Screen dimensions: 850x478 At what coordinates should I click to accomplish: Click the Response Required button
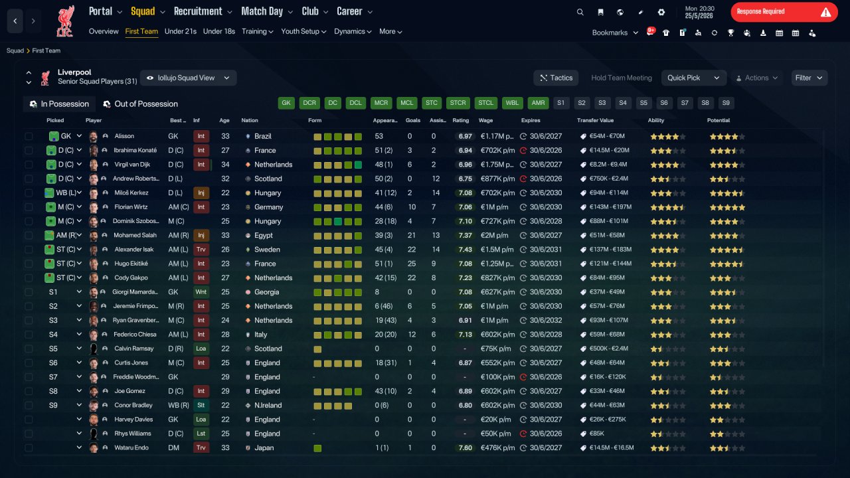point(784,12)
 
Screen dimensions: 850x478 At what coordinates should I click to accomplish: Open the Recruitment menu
point(203,11)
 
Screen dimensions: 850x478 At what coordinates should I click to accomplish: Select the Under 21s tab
point(180,31)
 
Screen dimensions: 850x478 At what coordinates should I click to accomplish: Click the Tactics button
point(556,78)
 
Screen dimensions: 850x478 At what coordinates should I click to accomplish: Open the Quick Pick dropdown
point(693,78)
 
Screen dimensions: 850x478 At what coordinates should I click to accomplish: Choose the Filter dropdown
point(809,78)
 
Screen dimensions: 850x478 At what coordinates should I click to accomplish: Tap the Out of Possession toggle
point(140,104)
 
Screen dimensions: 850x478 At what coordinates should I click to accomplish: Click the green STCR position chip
point(458,103)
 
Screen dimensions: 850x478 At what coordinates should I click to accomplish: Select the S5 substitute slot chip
point(643,103)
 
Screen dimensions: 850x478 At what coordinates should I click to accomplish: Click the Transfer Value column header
point(595,120)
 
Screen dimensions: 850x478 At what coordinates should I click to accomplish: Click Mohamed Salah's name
point(135,235)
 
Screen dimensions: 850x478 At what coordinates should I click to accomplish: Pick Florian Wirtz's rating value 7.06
point(465,207)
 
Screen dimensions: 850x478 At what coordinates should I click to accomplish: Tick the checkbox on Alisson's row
point(29,136)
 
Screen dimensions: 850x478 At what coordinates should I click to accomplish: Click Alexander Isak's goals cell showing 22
point(411,250)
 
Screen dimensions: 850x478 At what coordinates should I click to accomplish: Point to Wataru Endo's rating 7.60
point(465,447)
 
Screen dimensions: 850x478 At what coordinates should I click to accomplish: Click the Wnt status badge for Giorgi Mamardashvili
point(201,292)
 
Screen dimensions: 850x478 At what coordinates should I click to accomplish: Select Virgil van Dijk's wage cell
point(497,165)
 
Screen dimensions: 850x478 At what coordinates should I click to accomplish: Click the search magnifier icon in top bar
point(580,12)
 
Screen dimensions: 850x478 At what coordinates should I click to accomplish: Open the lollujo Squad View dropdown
point(188,78)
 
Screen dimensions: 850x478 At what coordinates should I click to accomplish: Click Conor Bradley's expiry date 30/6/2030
point(546,405)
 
